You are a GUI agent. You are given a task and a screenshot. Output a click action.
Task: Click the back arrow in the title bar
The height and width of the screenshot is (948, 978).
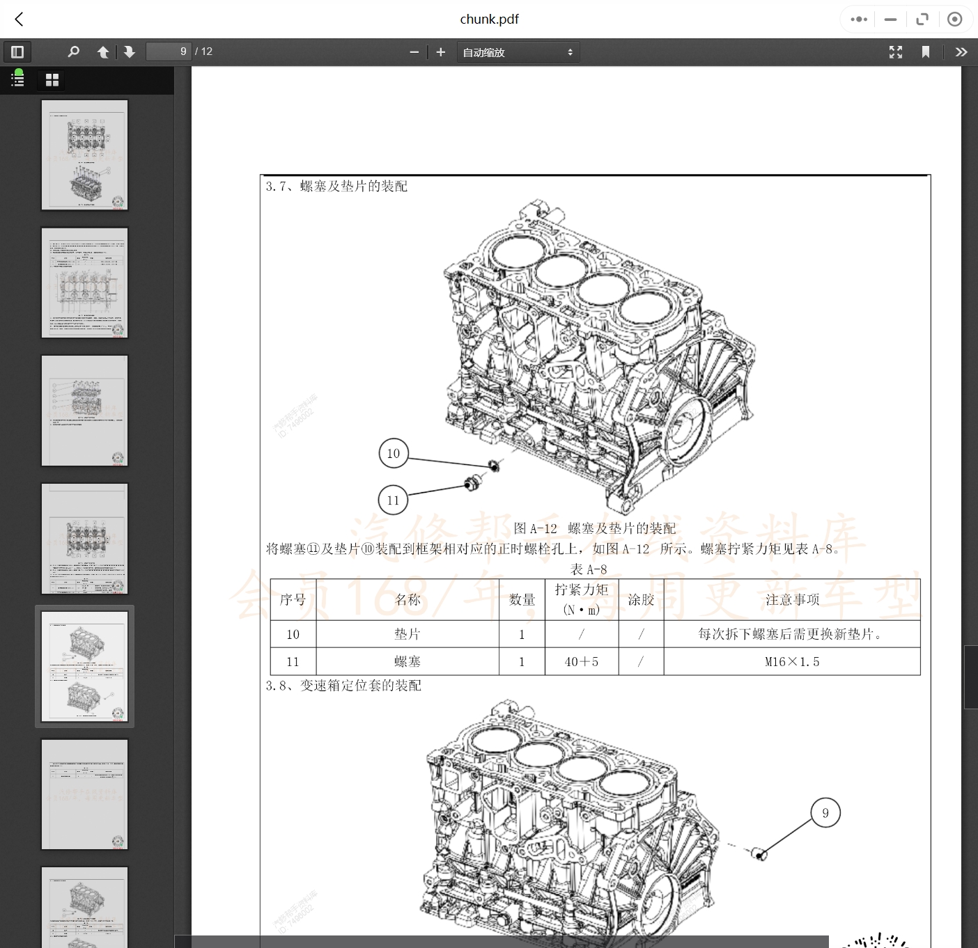(x=20, y=19)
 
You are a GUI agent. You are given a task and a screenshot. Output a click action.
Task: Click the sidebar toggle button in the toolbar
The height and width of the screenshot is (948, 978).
(x=17, y=52)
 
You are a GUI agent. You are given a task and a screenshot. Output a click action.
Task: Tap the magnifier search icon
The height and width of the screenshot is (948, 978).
(x=73, y=52)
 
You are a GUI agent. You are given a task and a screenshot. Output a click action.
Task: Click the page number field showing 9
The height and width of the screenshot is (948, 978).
(x=168, y=52)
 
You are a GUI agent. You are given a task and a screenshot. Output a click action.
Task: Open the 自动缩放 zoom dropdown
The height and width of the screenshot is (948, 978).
(x=518, y=52)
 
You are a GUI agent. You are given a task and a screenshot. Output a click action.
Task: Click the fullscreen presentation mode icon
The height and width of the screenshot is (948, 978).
(x=896, y=52)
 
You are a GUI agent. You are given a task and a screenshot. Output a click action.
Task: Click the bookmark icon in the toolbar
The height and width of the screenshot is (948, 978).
(x=926, y=52)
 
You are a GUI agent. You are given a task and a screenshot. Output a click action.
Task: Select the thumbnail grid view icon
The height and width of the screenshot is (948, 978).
(x=52, y=80)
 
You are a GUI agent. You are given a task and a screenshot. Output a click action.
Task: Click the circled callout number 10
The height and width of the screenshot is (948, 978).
(x=394, y=454)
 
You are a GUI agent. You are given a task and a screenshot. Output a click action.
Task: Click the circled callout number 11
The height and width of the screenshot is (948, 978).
(x=393, y=500)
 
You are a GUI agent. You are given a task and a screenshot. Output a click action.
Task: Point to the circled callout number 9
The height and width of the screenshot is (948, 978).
(x=825, y=813)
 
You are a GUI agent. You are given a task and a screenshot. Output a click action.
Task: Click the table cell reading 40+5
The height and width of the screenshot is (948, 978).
(x=581, y=662)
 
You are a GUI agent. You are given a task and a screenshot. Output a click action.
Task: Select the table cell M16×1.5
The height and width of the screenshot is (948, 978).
(x=792, y=662)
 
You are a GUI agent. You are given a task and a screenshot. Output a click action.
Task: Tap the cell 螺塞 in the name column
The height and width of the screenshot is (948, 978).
(x=407, y=662)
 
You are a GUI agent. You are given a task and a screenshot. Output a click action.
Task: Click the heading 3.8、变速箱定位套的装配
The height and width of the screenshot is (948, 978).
(x=343, y=686)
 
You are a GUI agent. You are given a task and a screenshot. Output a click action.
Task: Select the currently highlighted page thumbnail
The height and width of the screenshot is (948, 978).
(x=84, y=666)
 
